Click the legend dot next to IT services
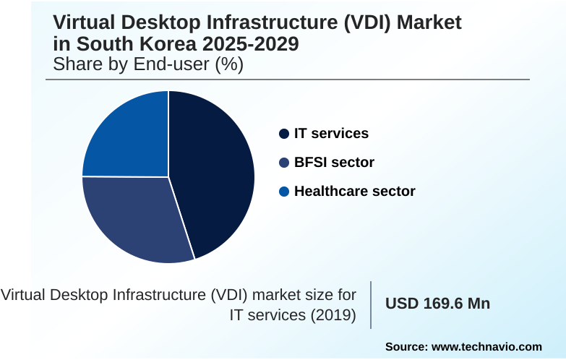[x=284, y=134]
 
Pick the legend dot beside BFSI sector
[x=284, y=163]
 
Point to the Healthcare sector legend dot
[x=284, y=192]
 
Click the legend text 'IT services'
[x=331, y=134]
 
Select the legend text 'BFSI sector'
[x=334, y=163]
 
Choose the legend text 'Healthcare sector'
[x=354, y=192]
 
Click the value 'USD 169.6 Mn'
[x=438, y=304]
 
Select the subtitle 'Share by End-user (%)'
[x=148, y=64]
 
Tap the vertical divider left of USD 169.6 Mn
[x=371, y=304]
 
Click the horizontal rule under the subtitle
[x=289, y=80]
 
